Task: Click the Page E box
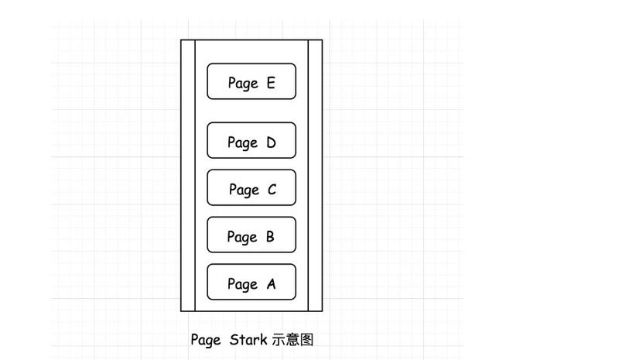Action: (x=251, y=81)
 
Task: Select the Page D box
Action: (x=251, y=140)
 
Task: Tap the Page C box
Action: (x=251, y=187)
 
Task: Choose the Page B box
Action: (x=251, y=235)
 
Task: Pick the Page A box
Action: (x=251, y=282)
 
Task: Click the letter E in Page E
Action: (x=270, y=83)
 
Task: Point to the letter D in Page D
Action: (x=271, y=142)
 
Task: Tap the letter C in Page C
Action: (x=272, y=190)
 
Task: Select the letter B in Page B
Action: (x=270, y=237)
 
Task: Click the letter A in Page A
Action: (x=271, y=284)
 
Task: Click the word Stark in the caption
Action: (x=249, y=339)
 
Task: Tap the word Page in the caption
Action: (x=206, y=340)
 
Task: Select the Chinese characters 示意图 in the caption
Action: (x=292, y=339)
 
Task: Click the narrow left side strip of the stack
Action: (x=188, y=175)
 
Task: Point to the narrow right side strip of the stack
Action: (x=315, y=175)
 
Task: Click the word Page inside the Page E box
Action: (x=242, y=84)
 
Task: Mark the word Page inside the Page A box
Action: (x=241, y=285)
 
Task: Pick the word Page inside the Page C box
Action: (x=244, y=190)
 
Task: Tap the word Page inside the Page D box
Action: (x=242, y=143)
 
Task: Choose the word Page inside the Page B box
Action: (x=241, y=238)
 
